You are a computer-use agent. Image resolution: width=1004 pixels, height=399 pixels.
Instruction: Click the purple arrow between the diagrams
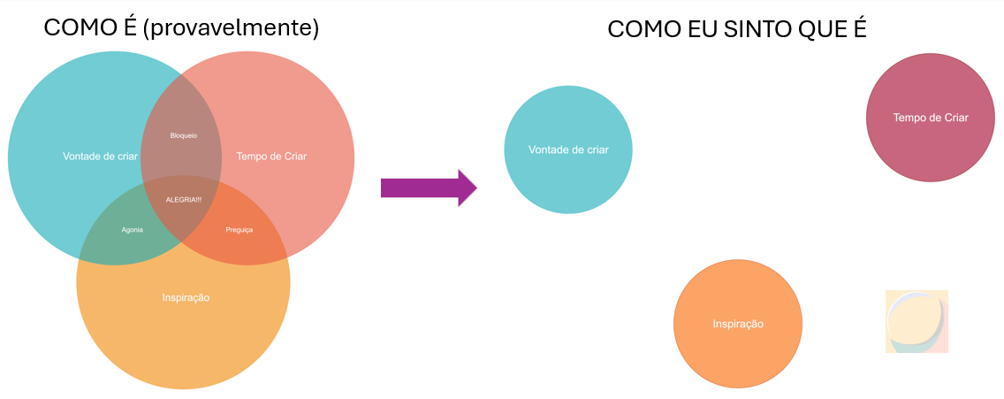tap(424, 188)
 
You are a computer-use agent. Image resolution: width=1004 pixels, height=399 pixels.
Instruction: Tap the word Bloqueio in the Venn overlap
tap(183, 135)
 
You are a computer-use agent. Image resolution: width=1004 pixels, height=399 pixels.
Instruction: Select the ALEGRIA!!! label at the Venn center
tap(184, 199)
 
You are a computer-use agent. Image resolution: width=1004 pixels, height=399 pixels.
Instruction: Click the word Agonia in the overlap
tap(132, 229)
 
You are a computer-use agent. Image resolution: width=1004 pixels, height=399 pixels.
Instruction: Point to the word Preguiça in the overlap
tap(239, 229)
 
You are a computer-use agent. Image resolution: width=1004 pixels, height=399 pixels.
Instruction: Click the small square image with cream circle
tap(917, 321)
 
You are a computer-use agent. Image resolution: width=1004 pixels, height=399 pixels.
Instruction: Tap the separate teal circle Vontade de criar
tap(568, 150)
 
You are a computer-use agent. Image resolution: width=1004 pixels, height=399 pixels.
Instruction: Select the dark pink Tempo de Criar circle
tap(931, 118)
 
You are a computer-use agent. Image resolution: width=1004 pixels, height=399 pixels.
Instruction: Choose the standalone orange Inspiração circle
tap(738, 324)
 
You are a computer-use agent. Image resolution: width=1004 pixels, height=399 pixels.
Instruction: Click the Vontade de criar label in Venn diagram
tap(101, 157)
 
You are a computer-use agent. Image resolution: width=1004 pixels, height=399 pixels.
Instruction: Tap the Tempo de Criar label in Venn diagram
tap(271, 157)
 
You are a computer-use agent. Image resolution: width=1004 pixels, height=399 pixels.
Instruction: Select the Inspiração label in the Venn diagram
tap(186, 297)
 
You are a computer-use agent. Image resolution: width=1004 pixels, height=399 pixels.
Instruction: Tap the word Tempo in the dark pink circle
tap(909, 118)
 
